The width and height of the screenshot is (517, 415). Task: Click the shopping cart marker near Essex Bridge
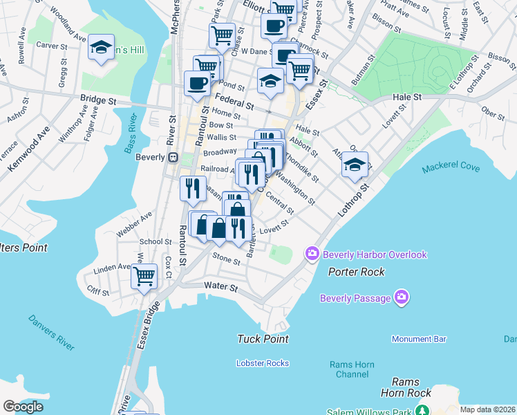pos(144,277)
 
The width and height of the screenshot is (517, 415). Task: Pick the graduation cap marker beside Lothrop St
pos(355,165)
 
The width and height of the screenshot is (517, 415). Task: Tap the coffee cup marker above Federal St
pos(197,84)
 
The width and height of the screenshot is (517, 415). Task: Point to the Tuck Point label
pos(263,339)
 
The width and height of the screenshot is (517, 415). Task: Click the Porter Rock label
pos(356,272)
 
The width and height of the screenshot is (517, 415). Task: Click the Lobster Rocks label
pos(262,363)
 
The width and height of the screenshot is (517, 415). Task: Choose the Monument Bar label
pos(419,339)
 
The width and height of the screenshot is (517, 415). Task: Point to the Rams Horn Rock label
pos(411,387)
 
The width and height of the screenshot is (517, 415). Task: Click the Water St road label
pos(220,286)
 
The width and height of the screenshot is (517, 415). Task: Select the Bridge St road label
pos(97,100)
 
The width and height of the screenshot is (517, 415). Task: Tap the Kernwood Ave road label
pos(28,150)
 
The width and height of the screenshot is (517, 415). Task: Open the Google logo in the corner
pos(23,407)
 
